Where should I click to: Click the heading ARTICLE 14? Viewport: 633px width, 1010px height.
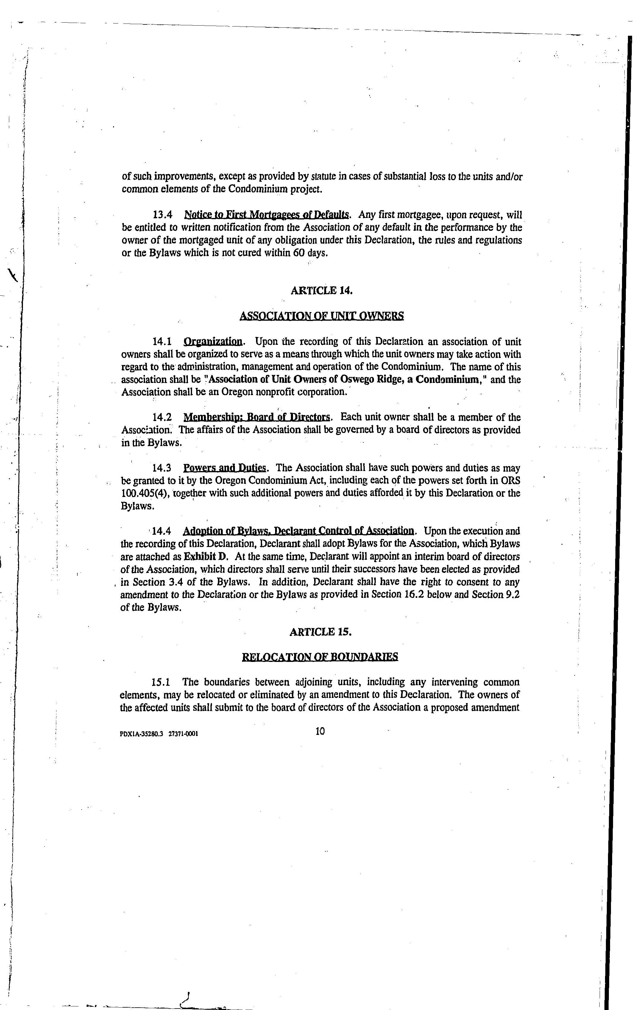click(x=321, y=291)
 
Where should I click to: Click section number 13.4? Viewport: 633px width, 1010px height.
click(x=163, y=215)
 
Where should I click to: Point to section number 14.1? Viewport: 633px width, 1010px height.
click(x=162, y=342)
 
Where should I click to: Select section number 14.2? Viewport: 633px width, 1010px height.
click(x=162, y=417)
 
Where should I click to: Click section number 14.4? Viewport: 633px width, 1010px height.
click(x=162, y=531)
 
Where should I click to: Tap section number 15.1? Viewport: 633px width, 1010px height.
click(x=161, y=682)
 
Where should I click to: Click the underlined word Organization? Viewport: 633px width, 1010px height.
click(x=213, y=342)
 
